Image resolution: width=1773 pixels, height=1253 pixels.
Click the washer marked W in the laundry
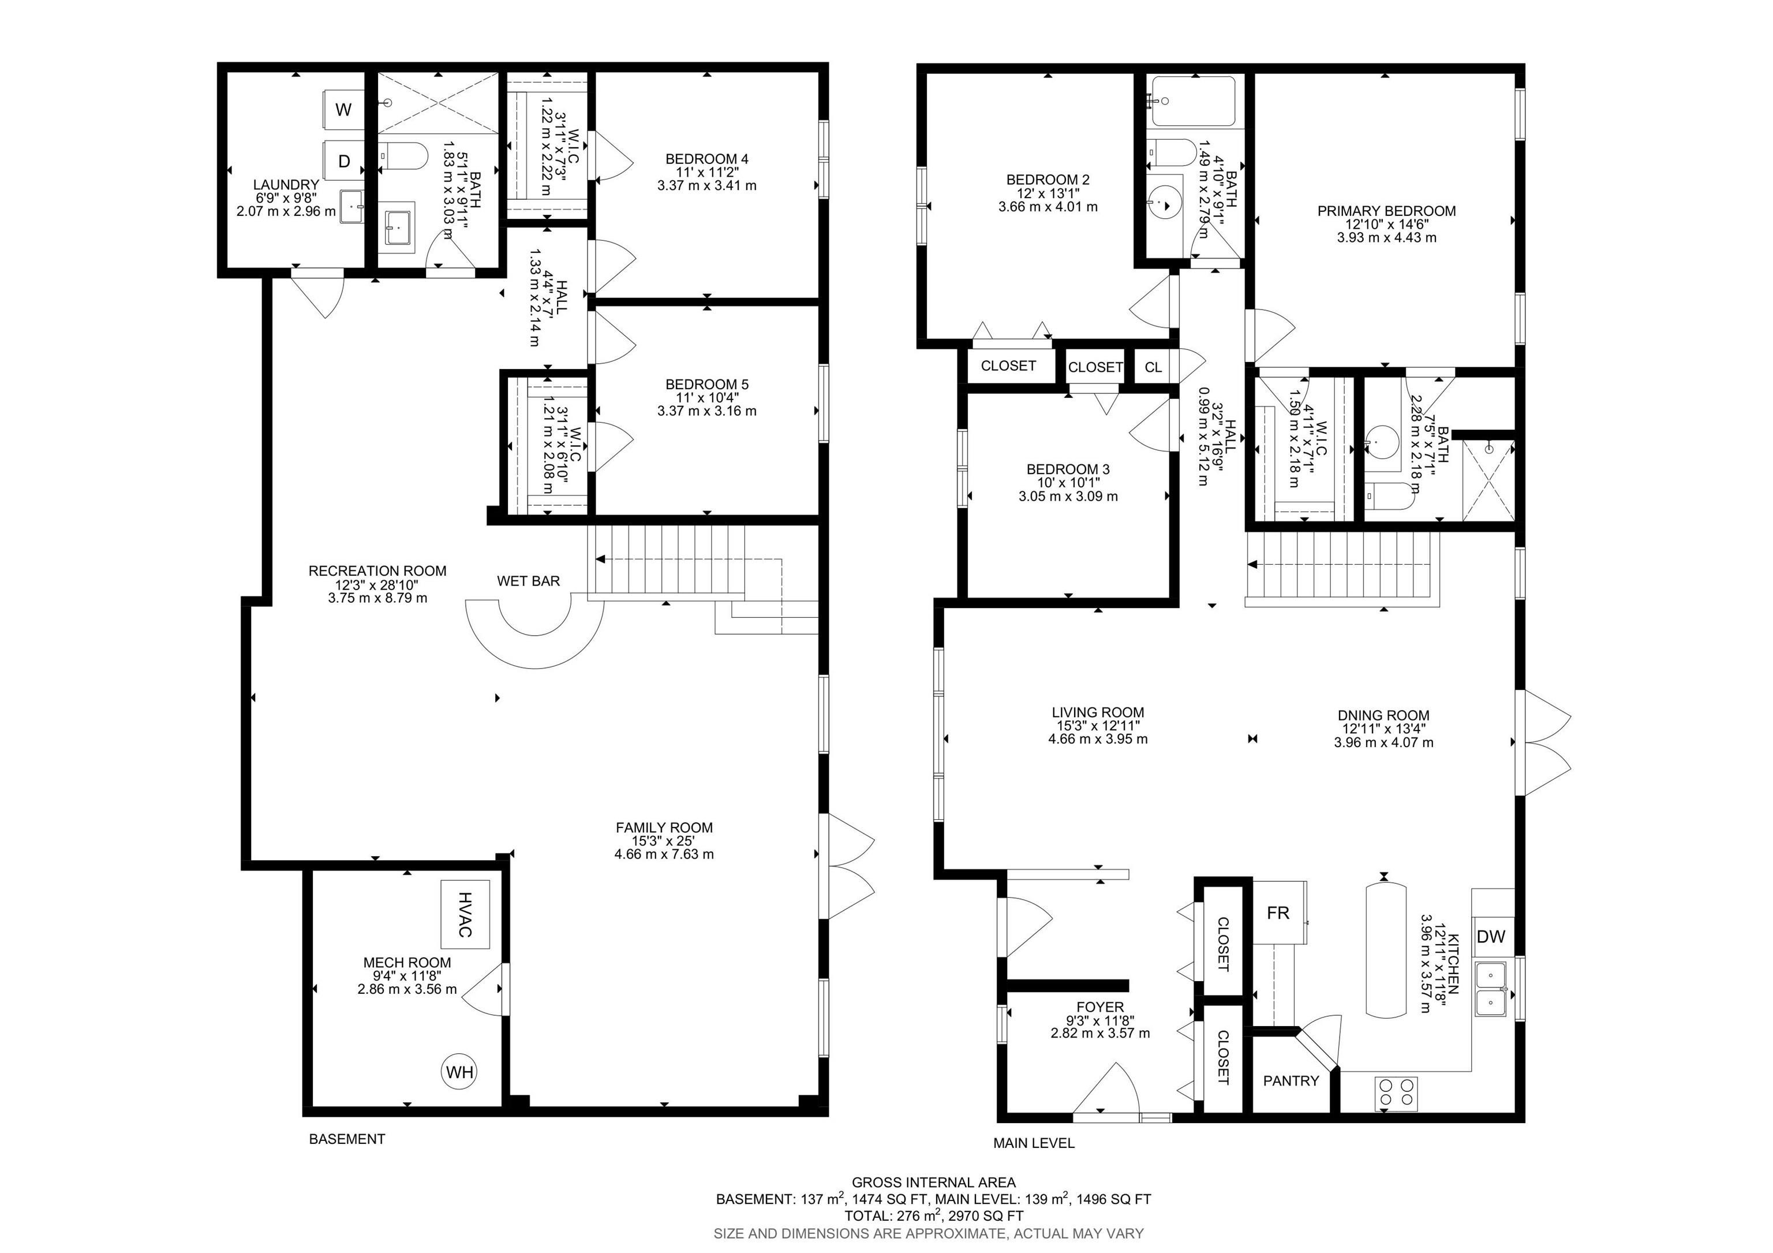point(343,110)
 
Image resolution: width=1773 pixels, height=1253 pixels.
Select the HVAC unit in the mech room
point(465,914)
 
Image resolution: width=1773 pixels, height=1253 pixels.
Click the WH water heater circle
point(459,1072)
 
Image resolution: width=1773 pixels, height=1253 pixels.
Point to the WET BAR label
point(528,581)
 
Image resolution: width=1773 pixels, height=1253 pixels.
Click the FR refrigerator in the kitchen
point(1279,912)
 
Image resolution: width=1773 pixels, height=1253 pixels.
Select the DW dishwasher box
point(1491,936)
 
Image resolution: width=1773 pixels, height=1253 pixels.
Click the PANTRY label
point(1291,1081)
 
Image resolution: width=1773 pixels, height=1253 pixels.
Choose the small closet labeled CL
point(1153,367)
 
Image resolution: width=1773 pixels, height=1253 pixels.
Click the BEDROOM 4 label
point(706,159)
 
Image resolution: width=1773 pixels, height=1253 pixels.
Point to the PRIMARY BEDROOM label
point(1387,211)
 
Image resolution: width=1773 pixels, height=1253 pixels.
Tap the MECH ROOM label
point(407,963)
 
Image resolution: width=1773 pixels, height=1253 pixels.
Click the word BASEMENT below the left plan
point(347,1139)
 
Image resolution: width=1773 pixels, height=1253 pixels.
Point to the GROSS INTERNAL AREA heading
point(934,1182)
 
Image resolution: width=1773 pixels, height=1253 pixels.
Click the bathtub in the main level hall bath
point(1192,101)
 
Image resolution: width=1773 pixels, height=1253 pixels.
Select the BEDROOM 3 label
point(1068,469)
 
